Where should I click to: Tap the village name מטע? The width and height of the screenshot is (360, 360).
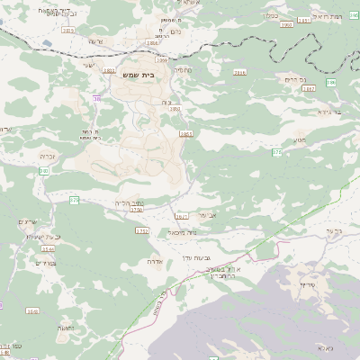click(x=300, y=139)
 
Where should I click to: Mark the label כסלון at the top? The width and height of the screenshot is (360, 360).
click(x=269, y=15)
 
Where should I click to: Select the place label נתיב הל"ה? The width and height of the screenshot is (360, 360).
click(x=130, y=203)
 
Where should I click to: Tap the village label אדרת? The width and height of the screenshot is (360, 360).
click(x=154, y=261)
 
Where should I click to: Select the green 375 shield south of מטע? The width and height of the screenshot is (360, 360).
click(x=276, y=153)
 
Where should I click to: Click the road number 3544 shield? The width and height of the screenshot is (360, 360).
click(x=48, y=248)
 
